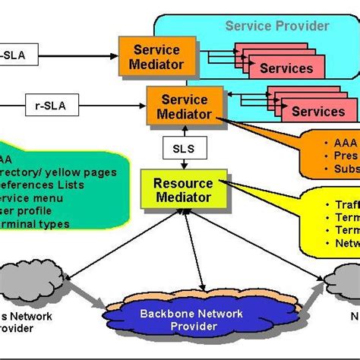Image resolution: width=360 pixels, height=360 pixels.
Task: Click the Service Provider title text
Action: (x=277, y=26)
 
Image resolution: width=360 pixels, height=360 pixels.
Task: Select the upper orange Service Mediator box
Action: (x=157, y=56)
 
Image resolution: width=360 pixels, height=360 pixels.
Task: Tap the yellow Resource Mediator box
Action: (x=183, y=191)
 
